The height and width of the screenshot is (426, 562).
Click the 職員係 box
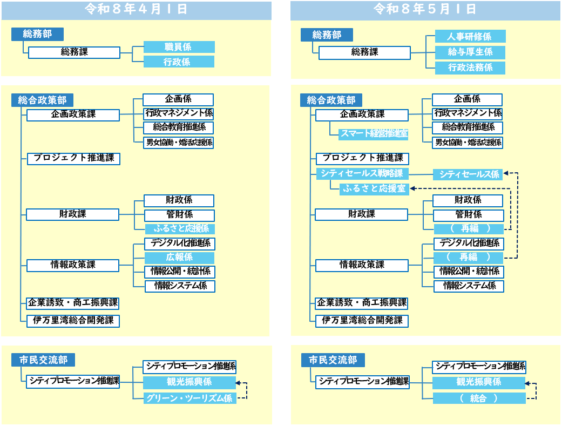179,47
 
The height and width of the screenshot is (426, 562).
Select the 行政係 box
179,62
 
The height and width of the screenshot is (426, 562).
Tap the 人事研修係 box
470,36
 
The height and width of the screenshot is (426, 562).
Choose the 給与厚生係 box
470,52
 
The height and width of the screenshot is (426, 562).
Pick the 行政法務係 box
470,68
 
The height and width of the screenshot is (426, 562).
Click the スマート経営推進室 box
374,134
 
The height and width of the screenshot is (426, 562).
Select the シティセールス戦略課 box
362,173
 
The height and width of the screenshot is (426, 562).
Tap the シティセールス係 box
468,174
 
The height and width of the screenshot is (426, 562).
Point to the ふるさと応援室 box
374,188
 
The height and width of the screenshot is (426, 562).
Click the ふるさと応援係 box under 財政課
180,229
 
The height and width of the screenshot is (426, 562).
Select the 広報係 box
179,258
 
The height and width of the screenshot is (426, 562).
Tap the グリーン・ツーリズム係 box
189,398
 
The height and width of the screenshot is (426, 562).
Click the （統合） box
479,398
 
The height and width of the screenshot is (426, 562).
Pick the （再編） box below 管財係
469,229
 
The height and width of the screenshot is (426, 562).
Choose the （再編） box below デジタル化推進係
469,258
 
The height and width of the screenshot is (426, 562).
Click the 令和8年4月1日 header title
136,9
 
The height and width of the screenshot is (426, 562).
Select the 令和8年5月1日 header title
425,9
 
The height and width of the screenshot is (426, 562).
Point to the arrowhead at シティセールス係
506,173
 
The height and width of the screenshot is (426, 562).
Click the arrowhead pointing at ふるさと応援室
412,188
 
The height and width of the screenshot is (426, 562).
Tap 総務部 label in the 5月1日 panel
327,35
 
